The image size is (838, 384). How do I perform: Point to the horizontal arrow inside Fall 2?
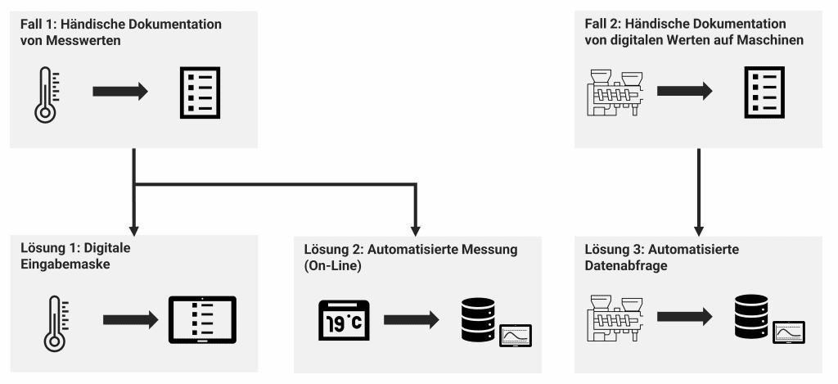click(x=684, y=92)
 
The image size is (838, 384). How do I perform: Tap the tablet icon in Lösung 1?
click(x=202, y=319)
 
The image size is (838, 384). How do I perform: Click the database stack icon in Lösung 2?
click(x=478, y=321)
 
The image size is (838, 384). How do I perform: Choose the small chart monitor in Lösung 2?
click(x=515, y=335)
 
